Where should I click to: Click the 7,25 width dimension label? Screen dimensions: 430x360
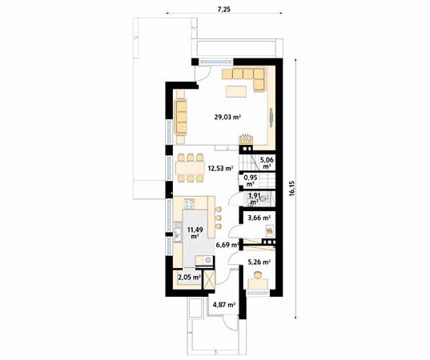click(x=224, y=10)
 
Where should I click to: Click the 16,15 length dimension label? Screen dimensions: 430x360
click(x=291, y=188)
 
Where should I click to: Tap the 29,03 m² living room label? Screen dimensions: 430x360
click(x=227, y=118)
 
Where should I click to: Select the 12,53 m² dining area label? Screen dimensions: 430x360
click(x=220, y=168)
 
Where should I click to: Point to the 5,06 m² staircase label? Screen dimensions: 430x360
click(x=267, y=162)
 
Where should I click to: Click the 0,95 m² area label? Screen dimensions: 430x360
click(x=251, y=181)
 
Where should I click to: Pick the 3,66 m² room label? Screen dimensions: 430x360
click(x=259, y=218)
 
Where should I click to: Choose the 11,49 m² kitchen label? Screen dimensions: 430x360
click(x=195, y=232)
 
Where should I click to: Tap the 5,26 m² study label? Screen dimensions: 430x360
click(x=259, y=262)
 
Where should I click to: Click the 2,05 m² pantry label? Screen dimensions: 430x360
click(x=189, y=278)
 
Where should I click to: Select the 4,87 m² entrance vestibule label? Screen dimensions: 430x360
click(x=224, y=304)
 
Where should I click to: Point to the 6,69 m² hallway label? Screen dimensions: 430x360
click(x=227, y=245)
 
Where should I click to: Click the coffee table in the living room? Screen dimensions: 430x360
click(x=236, y=91)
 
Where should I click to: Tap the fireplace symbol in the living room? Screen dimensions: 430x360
click(x=246, y=139)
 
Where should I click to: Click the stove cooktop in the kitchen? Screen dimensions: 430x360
click(x=189, y=203)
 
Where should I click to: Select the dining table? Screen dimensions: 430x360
click(x=191, y=168)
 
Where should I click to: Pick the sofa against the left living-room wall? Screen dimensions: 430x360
click(x=180, y=117)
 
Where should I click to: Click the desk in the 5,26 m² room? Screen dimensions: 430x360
click(x=258, y=284)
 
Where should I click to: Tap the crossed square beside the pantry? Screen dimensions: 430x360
click(x=209, y=279)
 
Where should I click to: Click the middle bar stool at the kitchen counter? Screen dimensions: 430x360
click(x=219, y=218)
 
